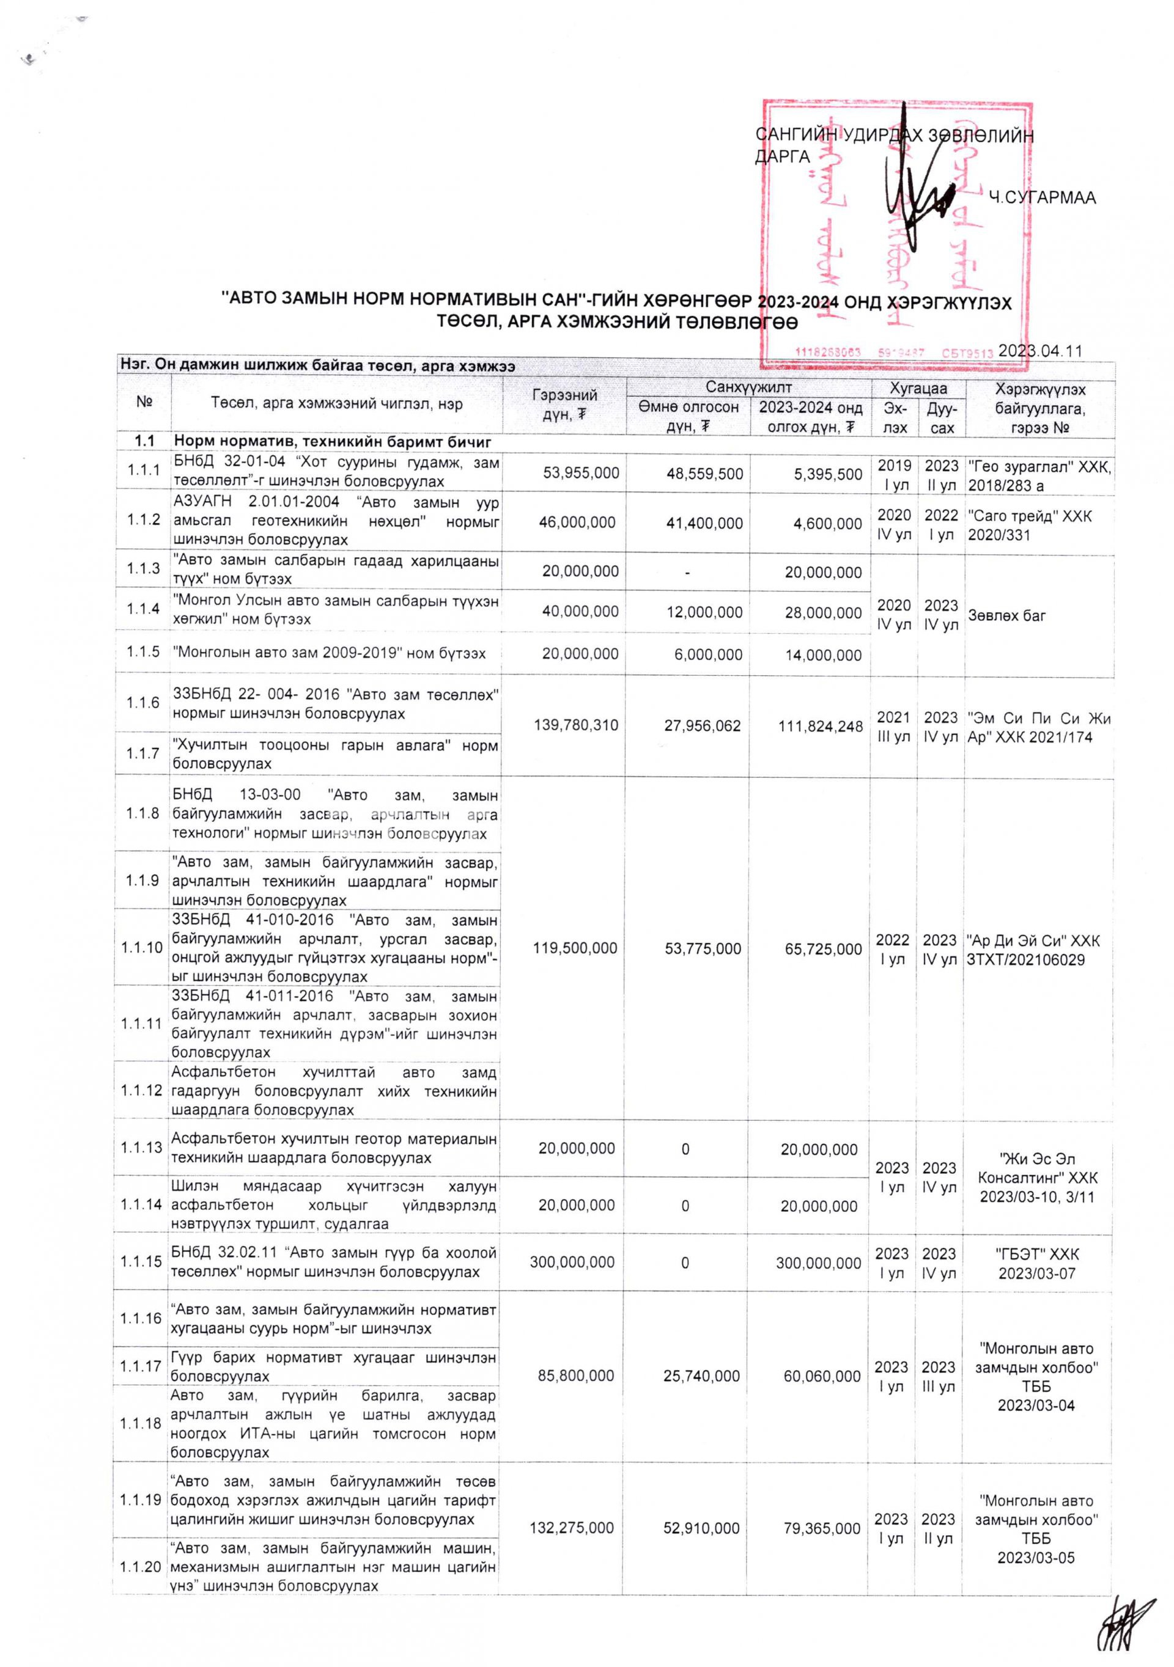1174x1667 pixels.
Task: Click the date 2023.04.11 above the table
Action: (x=1039, y=351)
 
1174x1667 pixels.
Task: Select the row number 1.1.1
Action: (x=143, y=471)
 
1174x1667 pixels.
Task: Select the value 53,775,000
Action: (x=703, y=948)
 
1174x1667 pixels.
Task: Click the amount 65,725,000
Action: (x=823, y=948)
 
